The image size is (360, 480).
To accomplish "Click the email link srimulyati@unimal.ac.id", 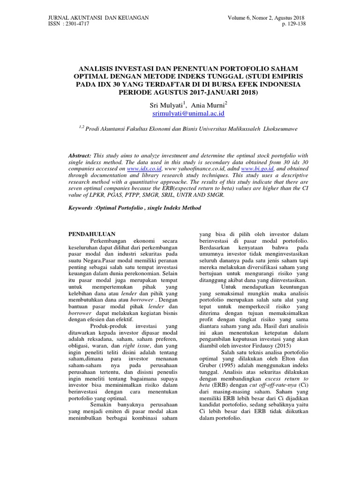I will [x=182, y=114].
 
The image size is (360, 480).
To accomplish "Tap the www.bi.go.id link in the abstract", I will [x=257, y=167].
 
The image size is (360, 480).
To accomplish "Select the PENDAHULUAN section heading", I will [x=92, y=233].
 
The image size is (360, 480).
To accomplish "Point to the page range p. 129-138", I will [x=293, y=24].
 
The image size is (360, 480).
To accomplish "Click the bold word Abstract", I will [x=80, y=154].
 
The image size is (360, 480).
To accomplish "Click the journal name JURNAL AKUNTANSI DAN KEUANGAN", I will [x=99, y=18].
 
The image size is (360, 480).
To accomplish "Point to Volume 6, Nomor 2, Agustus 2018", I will [x=266, y=18].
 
